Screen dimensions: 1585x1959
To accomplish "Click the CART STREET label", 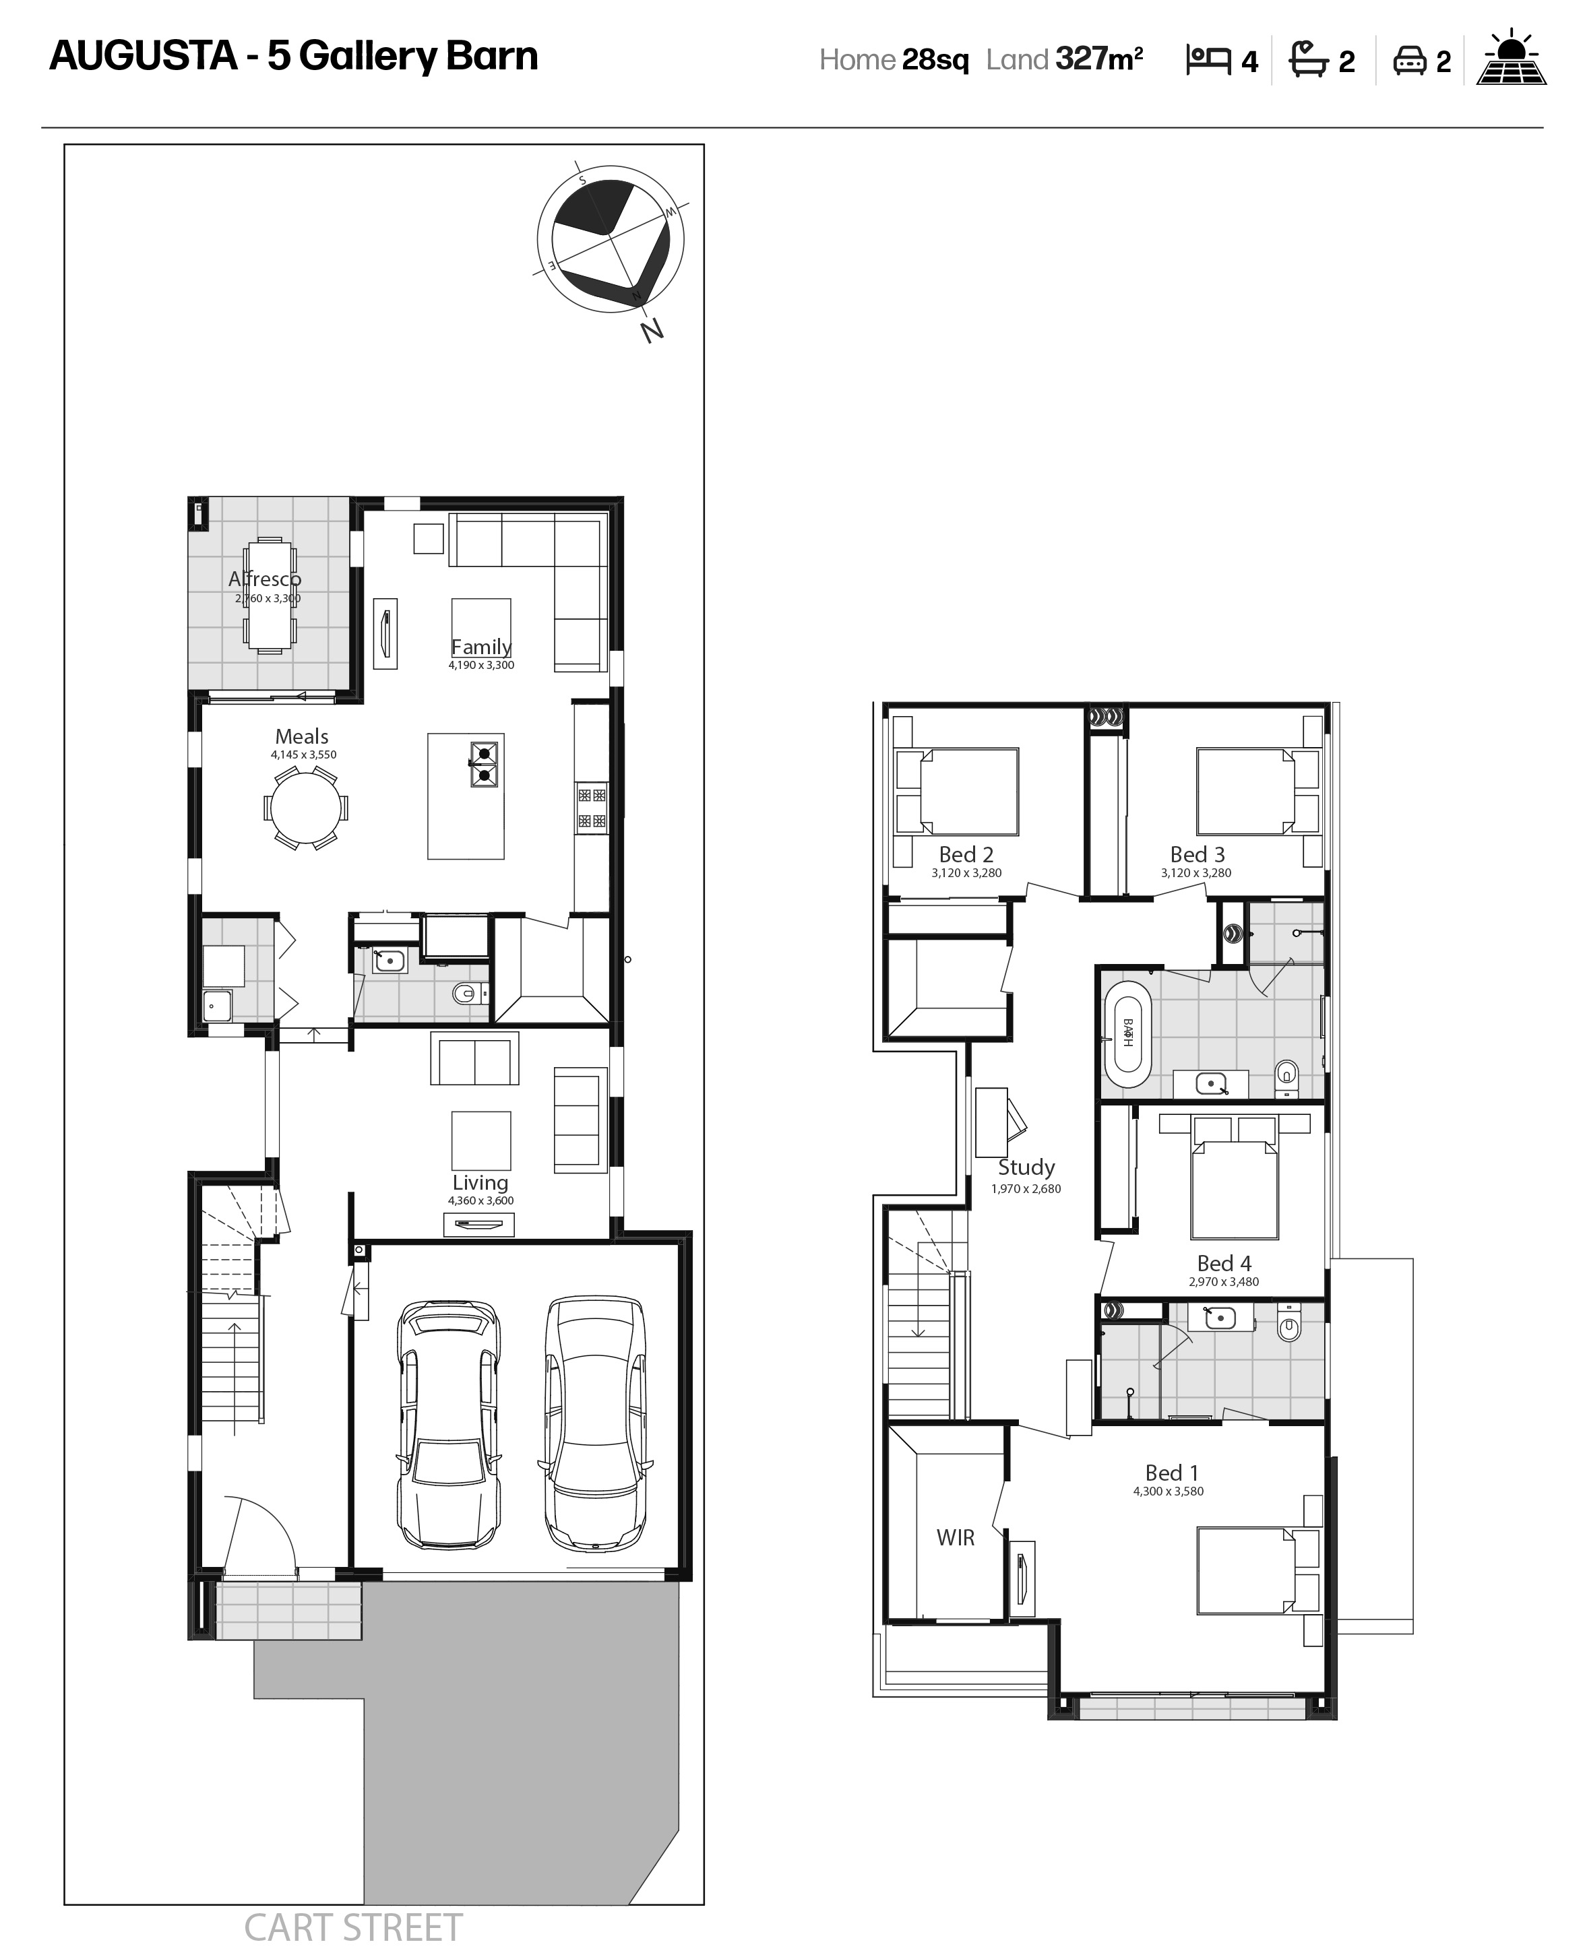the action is [353, 1928].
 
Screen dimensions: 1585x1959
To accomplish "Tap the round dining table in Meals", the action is [306, 808].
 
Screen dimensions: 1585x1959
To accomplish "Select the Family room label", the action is [481, 646].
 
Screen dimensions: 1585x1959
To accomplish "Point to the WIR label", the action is [955, 1537].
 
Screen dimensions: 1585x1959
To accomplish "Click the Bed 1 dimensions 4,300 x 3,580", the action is [1169, 1491].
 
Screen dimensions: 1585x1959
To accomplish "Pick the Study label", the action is [1026, 1167].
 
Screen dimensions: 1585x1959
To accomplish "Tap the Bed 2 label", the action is [966, 854].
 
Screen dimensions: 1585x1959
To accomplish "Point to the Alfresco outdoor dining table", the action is [268, 596].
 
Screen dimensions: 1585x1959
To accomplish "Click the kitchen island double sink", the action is [485, 764].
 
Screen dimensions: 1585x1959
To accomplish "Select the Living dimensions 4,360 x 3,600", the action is [480, 1200].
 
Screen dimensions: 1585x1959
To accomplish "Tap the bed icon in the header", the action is [1209, 60].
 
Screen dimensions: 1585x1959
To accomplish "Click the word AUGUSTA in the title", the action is [144, 56].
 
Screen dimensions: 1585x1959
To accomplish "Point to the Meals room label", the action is [301, 736].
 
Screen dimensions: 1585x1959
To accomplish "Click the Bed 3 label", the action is [1197, 854].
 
